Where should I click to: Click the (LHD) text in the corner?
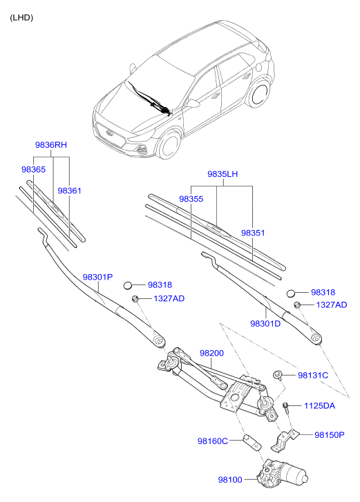click(21, 17)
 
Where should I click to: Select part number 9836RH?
click(51, 146)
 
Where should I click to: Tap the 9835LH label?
click(222, 175)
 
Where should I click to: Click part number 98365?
click(33, 169)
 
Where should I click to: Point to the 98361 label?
click(69, 190)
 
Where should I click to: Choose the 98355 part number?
click(191, 199)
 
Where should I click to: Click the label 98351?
click(253, 233)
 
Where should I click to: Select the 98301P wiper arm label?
click(97, 277)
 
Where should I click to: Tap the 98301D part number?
click(265, 323)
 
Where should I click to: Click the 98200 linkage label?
click(212, 353)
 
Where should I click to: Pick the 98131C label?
click(313, 375)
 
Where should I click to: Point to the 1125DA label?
click(319, 406)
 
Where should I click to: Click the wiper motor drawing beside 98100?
click(284, 474)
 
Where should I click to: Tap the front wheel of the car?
click(167, 148)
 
